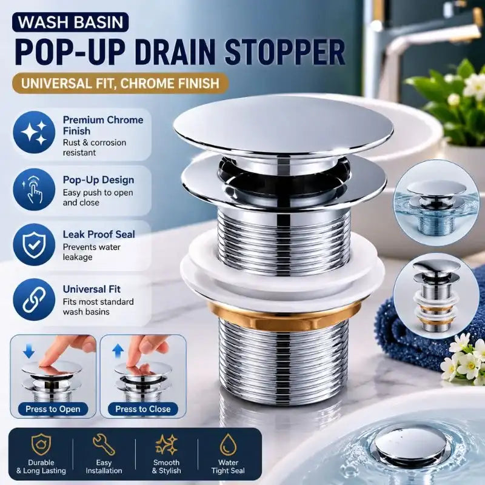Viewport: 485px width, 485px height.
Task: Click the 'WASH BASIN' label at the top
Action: point(70,22)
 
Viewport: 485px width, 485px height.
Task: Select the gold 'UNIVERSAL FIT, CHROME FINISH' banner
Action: point(120,83)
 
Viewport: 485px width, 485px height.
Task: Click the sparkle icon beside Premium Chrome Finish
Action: point(34,132)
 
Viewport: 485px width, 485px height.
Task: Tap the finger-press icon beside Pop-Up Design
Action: point(34,189)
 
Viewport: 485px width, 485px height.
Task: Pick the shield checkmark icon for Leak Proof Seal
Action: point(34,245)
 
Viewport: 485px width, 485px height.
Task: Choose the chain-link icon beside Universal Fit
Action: point(34,299)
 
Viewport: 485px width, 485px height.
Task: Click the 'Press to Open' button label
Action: point(53,409)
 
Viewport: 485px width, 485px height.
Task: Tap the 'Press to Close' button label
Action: point(143,409)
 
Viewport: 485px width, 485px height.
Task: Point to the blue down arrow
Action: point(28,352)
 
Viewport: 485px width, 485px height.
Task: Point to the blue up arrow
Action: point(118,352)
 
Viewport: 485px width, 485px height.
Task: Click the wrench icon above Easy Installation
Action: point(104,444)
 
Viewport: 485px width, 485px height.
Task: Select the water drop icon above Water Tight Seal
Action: point(228,444)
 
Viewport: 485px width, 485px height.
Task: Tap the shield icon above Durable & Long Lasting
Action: point(41,444)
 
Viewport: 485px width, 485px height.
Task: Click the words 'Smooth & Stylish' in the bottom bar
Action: point(166,466)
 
